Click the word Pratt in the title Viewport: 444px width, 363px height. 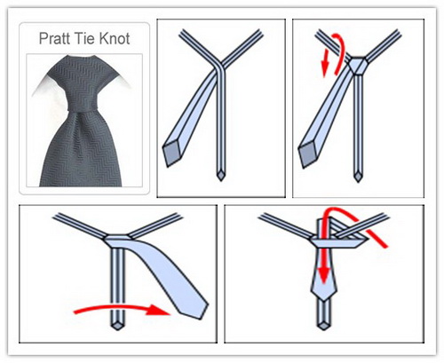click(55, 38)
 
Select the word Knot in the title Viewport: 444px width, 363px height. click(115, 38)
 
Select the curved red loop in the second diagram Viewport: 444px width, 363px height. click(341, 51)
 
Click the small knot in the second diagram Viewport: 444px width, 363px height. click(358, 66)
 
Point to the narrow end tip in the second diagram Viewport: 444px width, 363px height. click(358, 177)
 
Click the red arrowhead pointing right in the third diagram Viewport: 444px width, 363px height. click(158, 310)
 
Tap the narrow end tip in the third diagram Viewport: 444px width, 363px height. click(117, 326)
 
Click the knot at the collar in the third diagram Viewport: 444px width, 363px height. click(118, 238)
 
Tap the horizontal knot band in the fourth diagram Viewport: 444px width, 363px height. click(338, 243)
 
